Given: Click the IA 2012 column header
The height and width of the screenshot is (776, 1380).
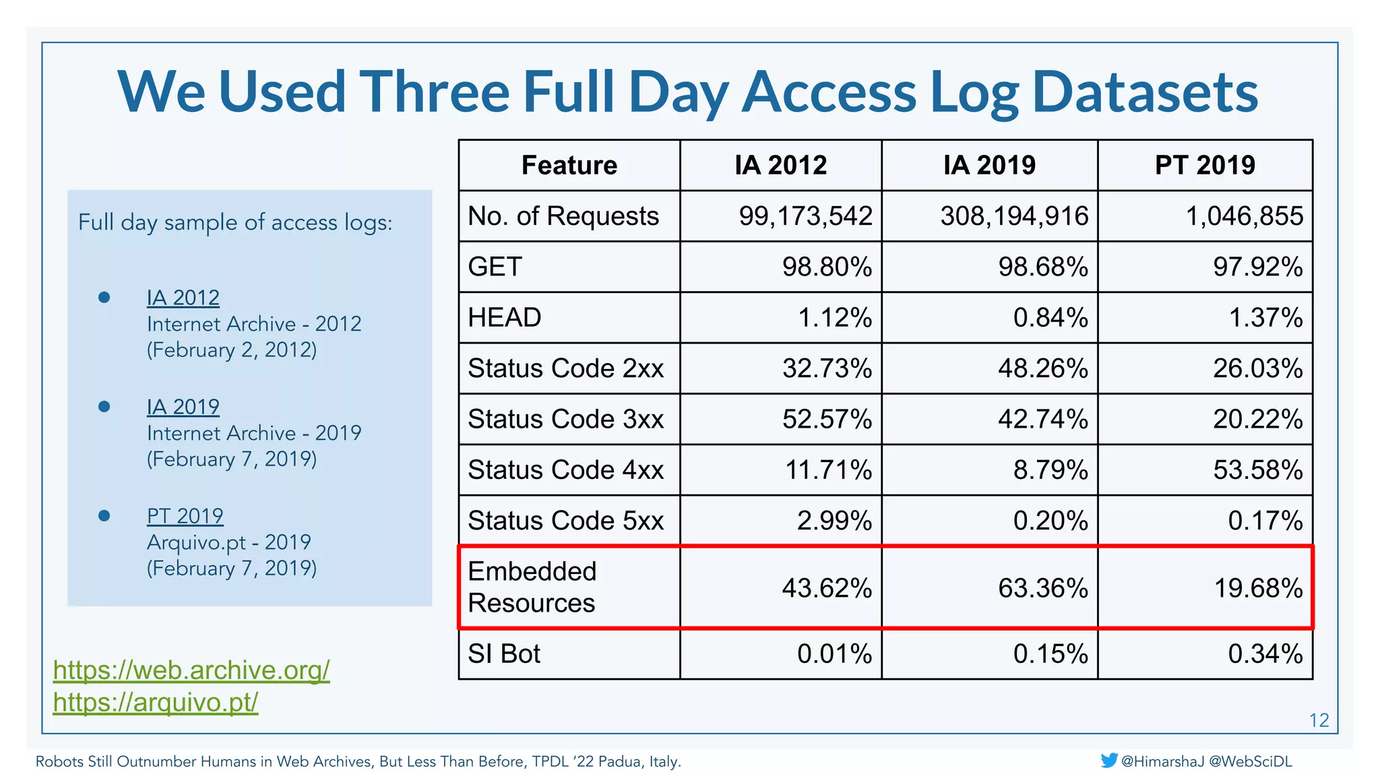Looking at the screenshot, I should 780,165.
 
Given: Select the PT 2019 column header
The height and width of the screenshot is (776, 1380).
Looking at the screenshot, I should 1205,165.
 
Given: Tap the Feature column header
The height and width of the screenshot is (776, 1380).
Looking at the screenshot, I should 569,165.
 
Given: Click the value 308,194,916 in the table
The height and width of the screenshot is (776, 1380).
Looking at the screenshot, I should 1014,216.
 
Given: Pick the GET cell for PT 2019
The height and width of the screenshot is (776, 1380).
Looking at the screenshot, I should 1258,267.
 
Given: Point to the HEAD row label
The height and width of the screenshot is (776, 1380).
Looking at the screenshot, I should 505,317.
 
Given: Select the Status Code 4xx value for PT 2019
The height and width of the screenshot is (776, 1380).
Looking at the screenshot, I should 1258,470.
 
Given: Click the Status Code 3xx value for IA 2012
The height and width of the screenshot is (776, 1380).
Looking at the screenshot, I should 827,419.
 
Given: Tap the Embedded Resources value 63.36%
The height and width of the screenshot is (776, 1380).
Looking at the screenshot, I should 1042,588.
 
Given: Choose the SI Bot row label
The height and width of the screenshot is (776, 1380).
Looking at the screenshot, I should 504,654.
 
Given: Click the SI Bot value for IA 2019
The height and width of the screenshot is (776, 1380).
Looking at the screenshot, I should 1050,654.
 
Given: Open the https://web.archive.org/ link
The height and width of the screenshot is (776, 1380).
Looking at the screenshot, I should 191,670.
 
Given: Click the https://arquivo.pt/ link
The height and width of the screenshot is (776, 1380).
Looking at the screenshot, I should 156,703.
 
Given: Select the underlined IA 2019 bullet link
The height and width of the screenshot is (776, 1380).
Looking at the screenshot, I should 183,407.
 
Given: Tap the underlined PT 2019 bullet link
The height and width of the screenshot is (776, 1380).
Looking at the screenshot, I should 185,516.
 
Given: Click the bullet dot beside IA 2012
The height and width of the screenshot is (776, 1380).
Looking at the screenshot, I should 104,297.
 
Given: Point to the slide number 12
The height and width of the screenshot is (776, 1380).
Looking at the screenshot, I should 1319,721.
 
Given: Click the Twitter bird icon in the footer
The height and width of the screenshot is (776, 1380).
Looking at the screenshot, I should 1109,761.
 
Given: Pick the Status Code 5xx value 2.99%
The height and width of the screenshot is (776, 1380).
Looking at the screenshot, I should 834,521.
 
